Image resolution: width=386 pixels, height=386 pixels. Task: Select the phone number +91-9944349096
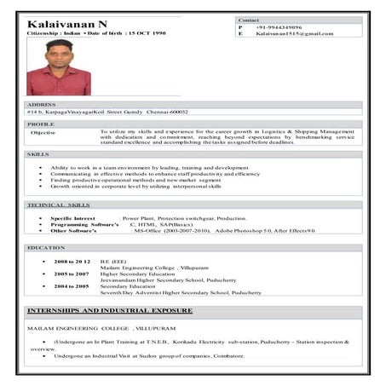(x=279, y=26)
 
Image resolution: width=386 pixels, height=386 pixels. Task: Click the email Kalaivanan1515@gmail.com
(x=295, y=34)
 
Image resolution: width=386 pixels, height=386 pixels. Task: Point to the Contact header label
(x=249, y=19)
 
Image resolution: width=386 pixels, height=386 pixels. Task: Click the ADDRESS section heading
(x=43, y=104)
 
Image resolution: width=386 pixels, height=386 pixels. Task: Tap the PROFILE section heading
(x=40, y=124)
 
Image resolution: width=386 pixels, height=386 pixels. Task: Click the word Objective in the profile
(x=43, y=132)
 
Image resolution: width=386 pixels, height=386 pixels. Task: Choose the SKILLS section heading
(x=37, y=154)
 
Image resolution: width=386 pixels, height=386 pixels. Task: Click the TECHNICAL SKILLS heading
(x=57, y=205)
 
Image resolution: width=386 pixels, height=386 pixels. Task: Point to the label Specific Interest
(x=72, y=218)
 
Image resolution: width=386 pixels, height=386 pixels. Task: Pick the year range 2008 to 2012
(x=72, y=261)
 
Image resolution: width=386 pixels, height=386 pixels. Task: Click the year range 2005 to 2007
(x=72, y=274)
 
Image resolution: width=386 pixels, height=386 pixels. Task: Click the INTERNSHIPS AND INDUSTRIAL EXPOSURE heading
(x=109, y=310)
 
